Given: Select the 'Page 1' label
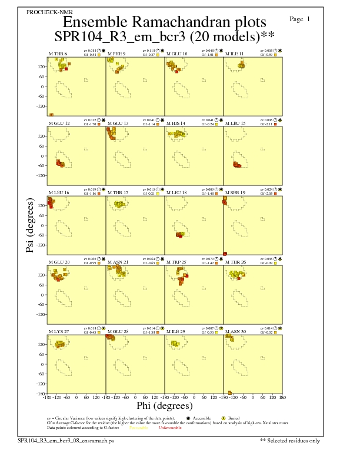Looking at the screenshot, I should pyautogui.click(x=300, y=19).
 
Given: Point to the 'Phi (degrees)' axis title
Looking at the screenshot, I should pyautogui.click(x=165, y=406).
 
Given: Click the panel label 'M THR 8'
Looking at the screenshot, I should pyautogui.click(x=58, y=54).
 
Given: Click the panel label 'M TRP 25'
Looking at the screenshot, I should pyautogui.click(x=176, y=262).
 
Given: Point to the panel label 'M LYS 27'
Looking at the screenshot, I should pyautogui.click(x=59, y=332).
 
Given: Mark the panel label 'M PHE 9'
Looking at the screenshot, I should pyautogui.click(x=116, y=54).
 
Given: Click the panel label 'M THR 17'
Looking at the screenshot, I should pyautogui.click(x=117, y=192).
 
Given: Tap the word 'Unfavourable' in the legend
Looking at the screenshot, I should pyautogui.click(x=170, y=428).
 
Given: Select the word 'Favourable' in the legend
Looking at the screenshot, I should pyautogui.click(x=138, y=428).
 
